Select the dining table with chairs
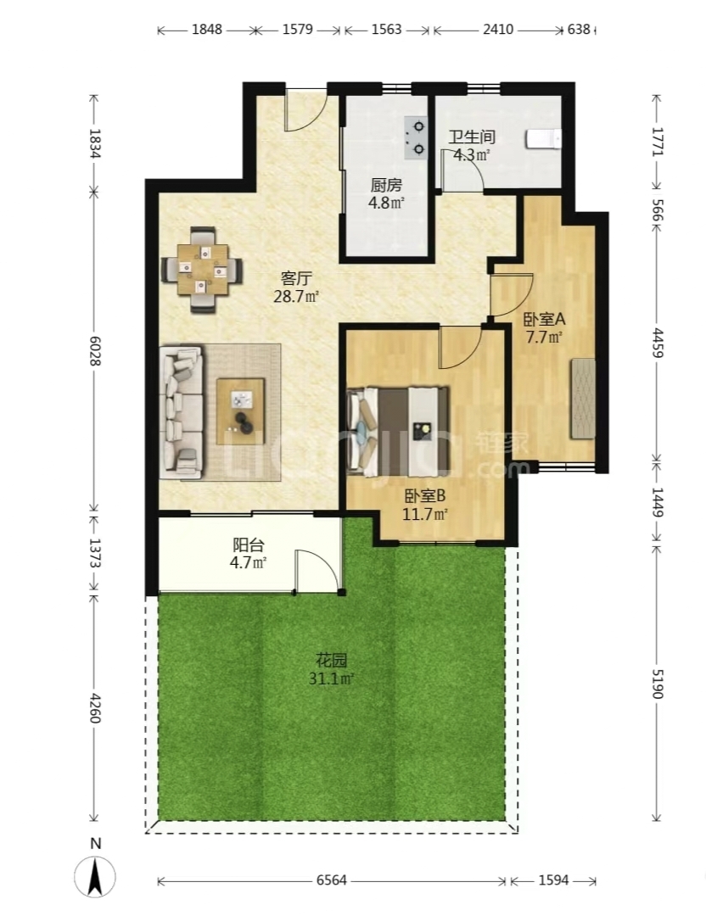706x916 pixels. (202, 271)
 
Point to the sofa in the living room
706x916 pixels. (182, 413)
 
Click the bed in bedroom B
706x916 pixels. (398, 429)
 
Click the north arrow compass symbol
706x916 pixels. (95, 875)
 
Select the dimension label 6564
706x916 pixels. (332, 880)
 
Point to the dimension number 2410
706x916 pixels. (498, 29)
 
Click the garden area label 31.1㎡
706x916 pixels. (332, 679)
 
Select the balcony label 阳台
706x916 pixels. (249, 545)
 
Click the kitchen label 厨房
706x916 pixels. (386, 185)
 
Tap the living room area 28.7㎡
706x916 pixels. (296, 296)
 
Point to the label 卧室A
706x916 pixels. (544, 320)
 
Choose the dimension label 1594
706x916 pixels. (553, 880)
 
